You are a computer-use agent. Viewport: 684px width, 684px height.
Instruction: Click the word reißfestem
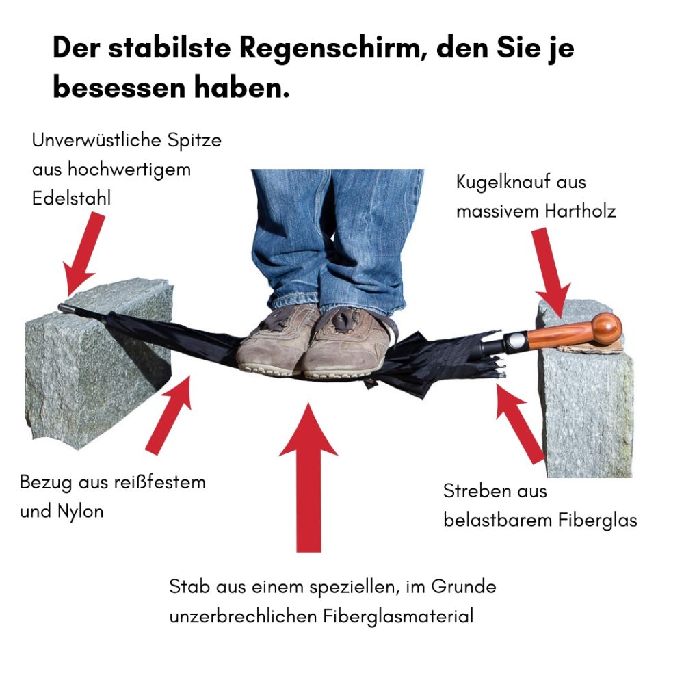(159, 482)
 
